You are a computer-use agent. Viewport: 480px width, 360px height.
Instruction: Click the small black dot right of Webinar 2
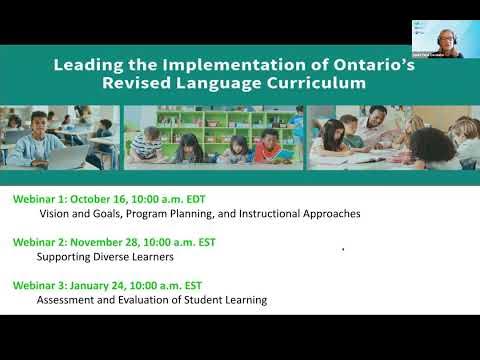point(343,248)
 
